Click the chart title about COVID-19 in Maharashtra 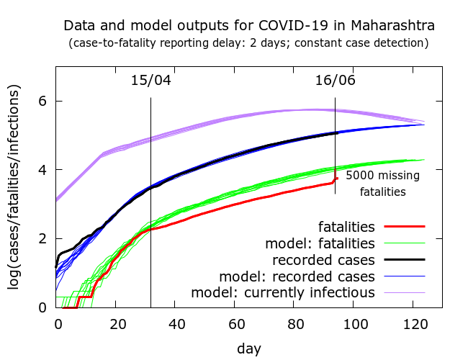point(248,26)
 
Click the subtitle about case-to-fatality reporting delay point(248,43)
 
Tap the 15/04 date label point(150,80)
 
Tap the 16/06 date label point(336,80)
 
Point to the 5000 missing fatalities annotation point(382,184)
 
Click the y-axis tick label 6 point(42,102)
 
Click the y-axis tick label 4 point(42,170)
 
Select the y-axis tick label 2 point(42,239)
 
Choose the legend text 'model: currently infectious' point(283,293)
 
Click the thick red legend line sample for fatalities point(404,226)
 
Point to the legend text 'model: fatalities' point(320,242)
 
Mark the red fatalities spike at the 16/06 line point(336,179)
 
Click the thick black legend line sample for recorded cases point(404,259)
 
